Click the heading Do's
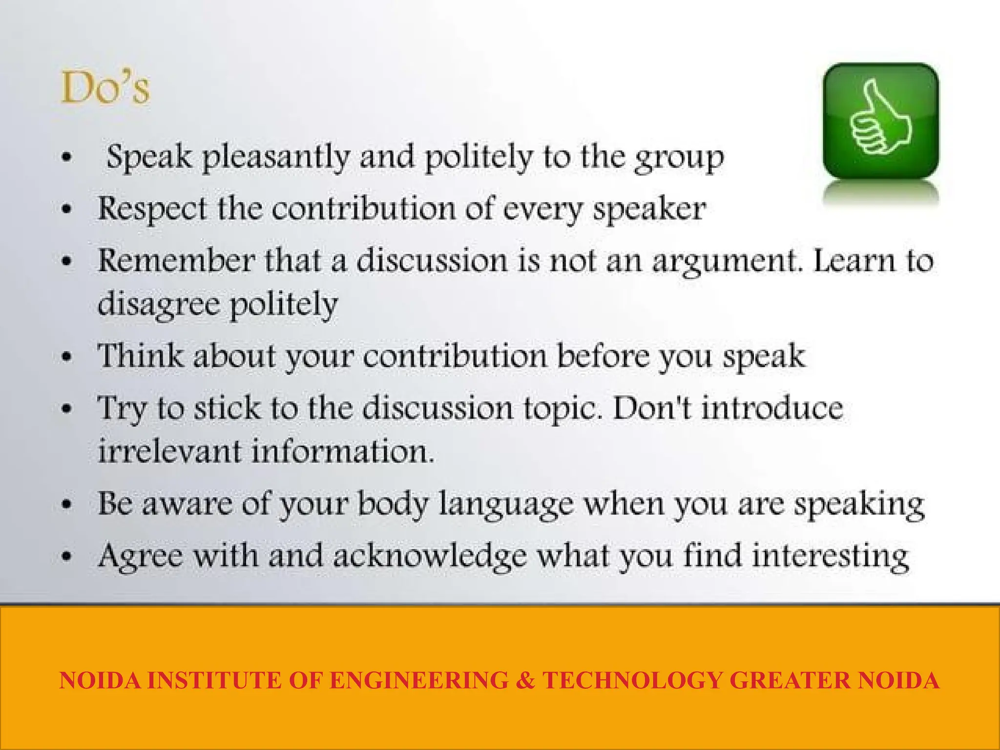tap(105, 88)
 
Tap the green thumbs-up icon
tap(880, 121)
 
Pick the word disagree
tap(159, 304)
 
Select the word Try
tap(122, 409)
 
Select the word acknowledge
tap(430, 556)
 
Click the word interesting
tap(830, 556)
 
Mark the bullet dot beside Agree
tap(67, 556)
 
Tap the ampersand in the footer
tap(525, 680)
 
